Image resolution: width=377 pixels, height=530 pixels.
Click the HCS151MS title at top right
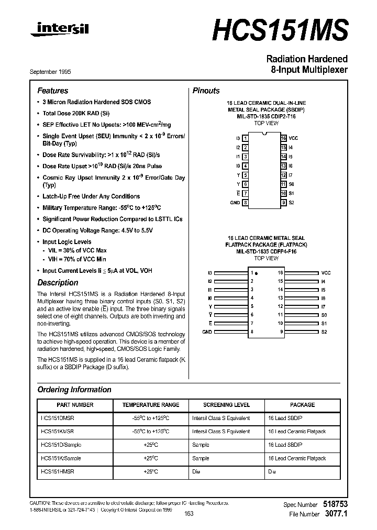click(x=280, y=29)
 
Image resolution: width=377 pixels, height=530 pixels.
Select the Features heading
click(x=52, y=91)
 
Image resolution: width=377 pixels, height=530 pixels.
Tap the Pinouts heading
click(x=206, y=91)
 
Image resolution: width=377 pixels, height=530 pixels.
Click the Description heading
click(x=58, y=283)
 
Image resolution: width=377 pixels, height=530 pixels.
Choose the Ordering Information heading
click(x=74, y=390)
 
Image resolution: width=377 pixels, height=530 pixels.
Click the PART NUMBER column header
click(x=75, y=405)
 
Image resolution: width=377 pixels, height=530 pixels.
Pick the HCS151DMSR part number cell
click(x=57, y=418)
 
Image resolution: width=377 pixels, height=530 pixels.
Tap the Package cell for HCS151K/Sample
click(x=296, y=458)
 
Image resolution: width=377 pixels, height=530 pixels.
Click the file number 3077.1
click(x=337, y=514)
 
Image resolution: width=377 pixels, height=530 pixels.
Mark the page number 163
click(x=189, y=514)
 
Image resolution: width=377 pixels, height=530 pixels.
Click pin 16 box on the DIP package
click(x=283, y=138)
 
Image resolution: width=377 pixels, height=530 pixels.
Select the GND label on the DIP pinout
click(x=235, y=203)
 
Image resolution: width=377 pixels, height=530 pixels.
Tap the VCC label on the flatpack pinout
click(x=326, y=273)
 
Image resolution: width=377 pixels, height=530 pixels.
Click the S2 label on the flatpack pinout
click(x=324, y=332)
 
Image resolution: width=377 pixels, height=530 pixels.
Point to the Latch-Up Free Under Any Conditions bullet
click(x=91, y=196)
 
